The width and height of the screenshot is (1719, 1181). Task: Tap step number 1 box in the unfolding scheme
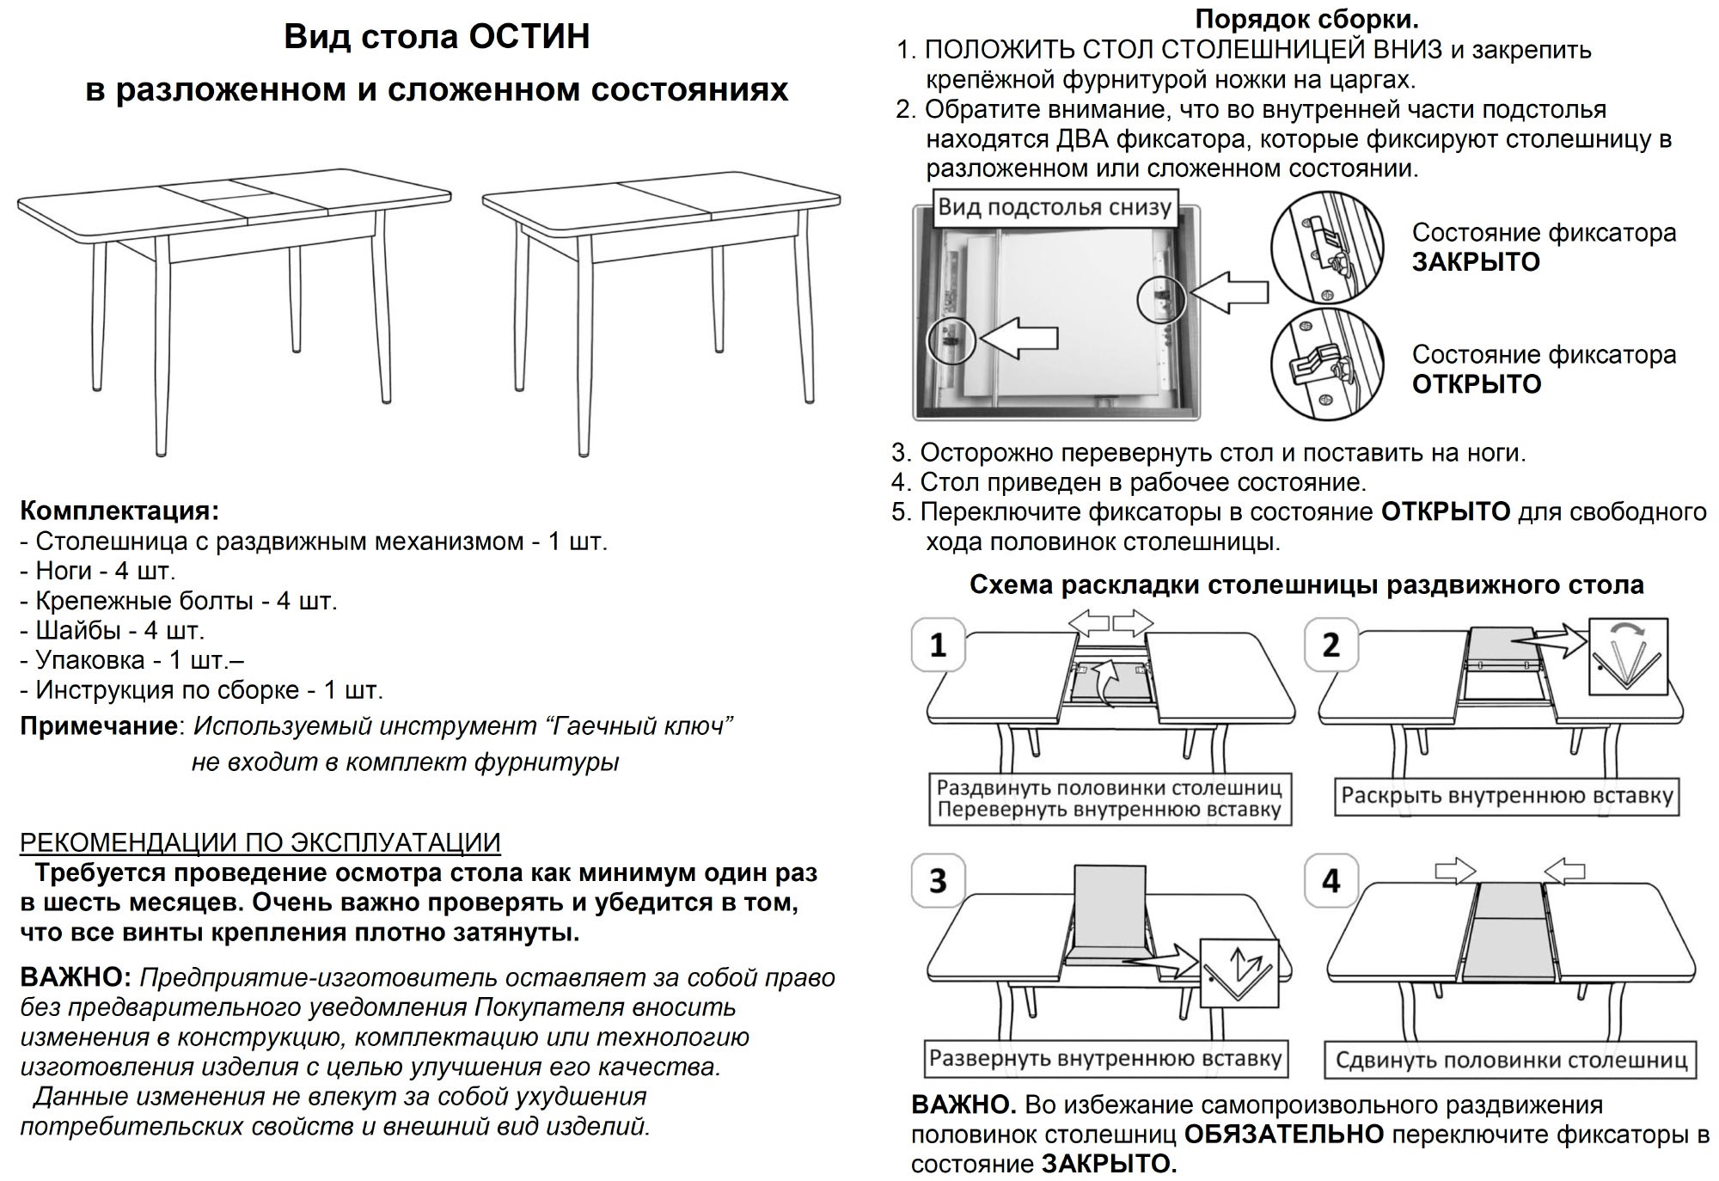[938, 645]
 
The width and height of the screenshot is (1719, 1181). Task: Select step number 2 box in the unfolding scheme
[1331, 645]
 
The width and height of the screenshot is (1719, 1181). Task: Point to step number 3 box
[938, 881]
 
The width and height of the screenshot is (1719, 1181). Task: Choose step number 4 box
[1331, 881]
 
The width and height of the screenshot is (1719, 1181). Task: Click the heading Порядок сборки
[1306, 19]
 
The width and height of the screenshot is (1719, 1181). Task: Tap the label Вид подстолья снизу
[1055, 207]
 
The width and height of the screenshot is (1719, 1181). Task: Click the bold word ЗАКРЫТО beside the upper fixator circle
[1476, 262]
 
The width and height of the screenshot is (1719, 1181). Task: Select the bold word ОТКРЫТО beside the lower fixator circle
[1477, 384]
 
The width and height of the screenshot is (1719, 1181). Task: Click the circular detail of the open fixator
[1327, 365]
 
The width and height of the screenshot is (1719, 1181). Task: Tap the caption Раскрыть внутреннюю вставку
[1507, 796]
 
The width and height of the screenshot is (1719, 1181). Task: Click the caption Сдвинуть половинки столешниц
[1511, 1060]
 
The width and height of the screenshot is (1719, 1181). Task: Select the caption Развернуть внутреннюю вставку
[1105, 1058]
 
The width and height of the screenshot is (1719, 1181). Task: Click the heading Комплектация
[119, 511]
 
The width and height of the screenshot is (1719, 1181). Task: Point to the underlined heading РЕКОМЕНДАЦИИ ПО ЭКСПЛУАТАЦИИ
[260, 842]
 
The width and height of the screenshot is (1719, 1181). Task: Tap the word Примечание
[99, 726]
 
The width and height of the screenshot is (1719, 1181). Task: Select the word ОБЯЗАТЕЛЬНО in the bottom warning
[1284, 1135]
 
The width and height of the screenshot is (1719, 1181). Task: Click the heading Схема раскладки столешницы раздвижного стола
[1306, 585]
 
